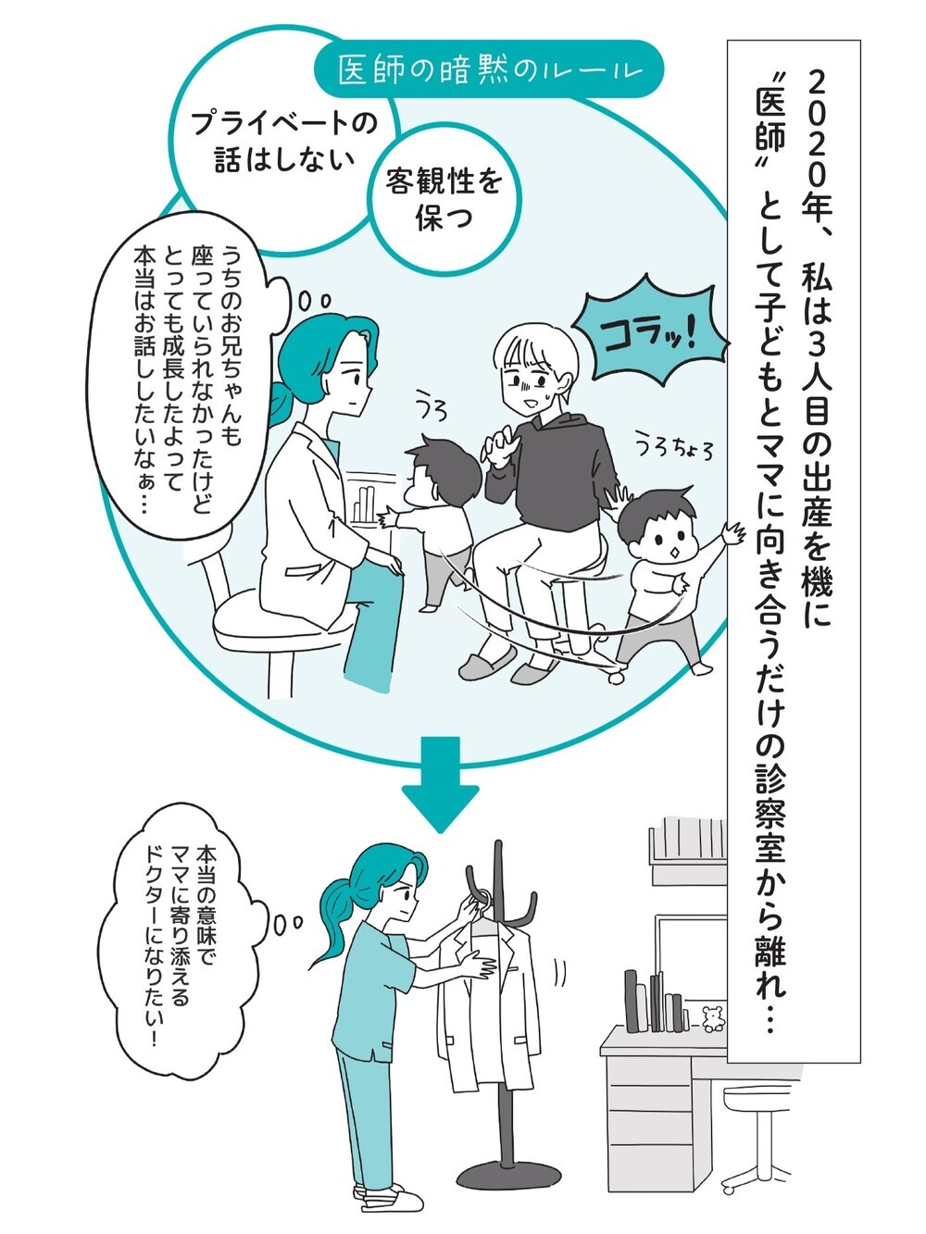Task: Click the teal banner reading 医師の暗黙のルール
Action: (489, 70)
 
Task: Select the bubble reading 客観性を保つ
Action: (444, 197)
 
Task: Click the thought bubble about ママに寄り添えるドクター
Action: (181, 935)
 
